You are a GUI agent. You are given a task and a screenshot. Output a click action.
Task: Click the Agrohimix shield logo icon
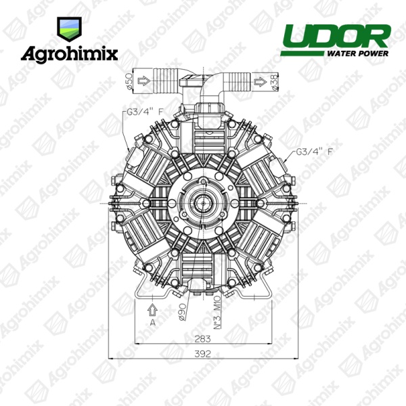click(x=70, y=29)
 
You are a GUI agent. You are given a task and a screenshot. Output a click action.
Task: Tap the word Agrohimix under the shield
click(x=70, y=54)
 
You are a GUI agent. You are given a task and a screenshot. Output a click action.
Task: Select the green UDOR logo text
click(x=336, y=37)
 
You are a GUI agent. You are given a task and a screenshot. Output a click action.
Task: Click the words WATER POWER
click(x=358, y=53)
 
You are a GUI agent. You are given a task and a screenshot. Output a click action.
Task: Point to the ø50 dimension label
click(x=129, y=81)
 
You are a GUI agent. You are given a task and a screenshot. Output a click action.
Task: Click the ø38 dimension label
click(x=275, y=81)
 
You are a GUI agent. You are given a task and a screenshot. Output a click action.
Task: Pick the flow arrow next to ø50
click(x=144, y=81)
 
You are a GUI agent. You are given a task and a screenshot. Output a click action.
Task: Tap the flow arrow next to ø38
click(x=261, y=82)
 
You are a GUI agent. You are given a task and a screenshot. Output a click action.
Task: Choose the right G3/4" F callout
click(x=314, y=152)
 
